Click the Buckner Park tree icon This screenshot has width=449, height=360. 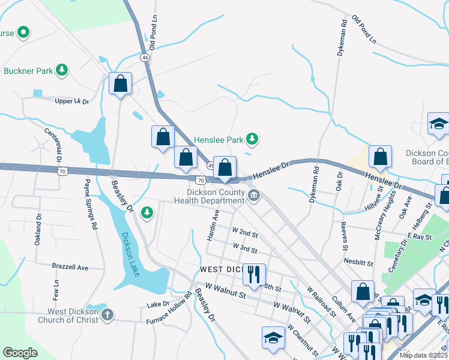coord(61,71)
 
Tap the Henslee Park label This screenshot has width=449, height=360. coord(218,140)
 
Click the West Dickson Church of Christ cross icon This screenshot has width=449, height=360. coord(107,315)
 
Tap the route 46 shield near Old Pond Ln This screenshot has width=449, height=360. coord(145,57)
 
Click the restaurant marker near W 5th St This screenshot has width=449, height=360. coord(254,275)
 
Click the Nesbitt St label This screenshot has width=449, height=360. coord(359,262)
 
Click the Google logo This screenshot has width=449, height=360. coord(20,353)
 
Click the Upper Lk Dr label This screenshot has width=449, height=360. coord(71,101)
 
